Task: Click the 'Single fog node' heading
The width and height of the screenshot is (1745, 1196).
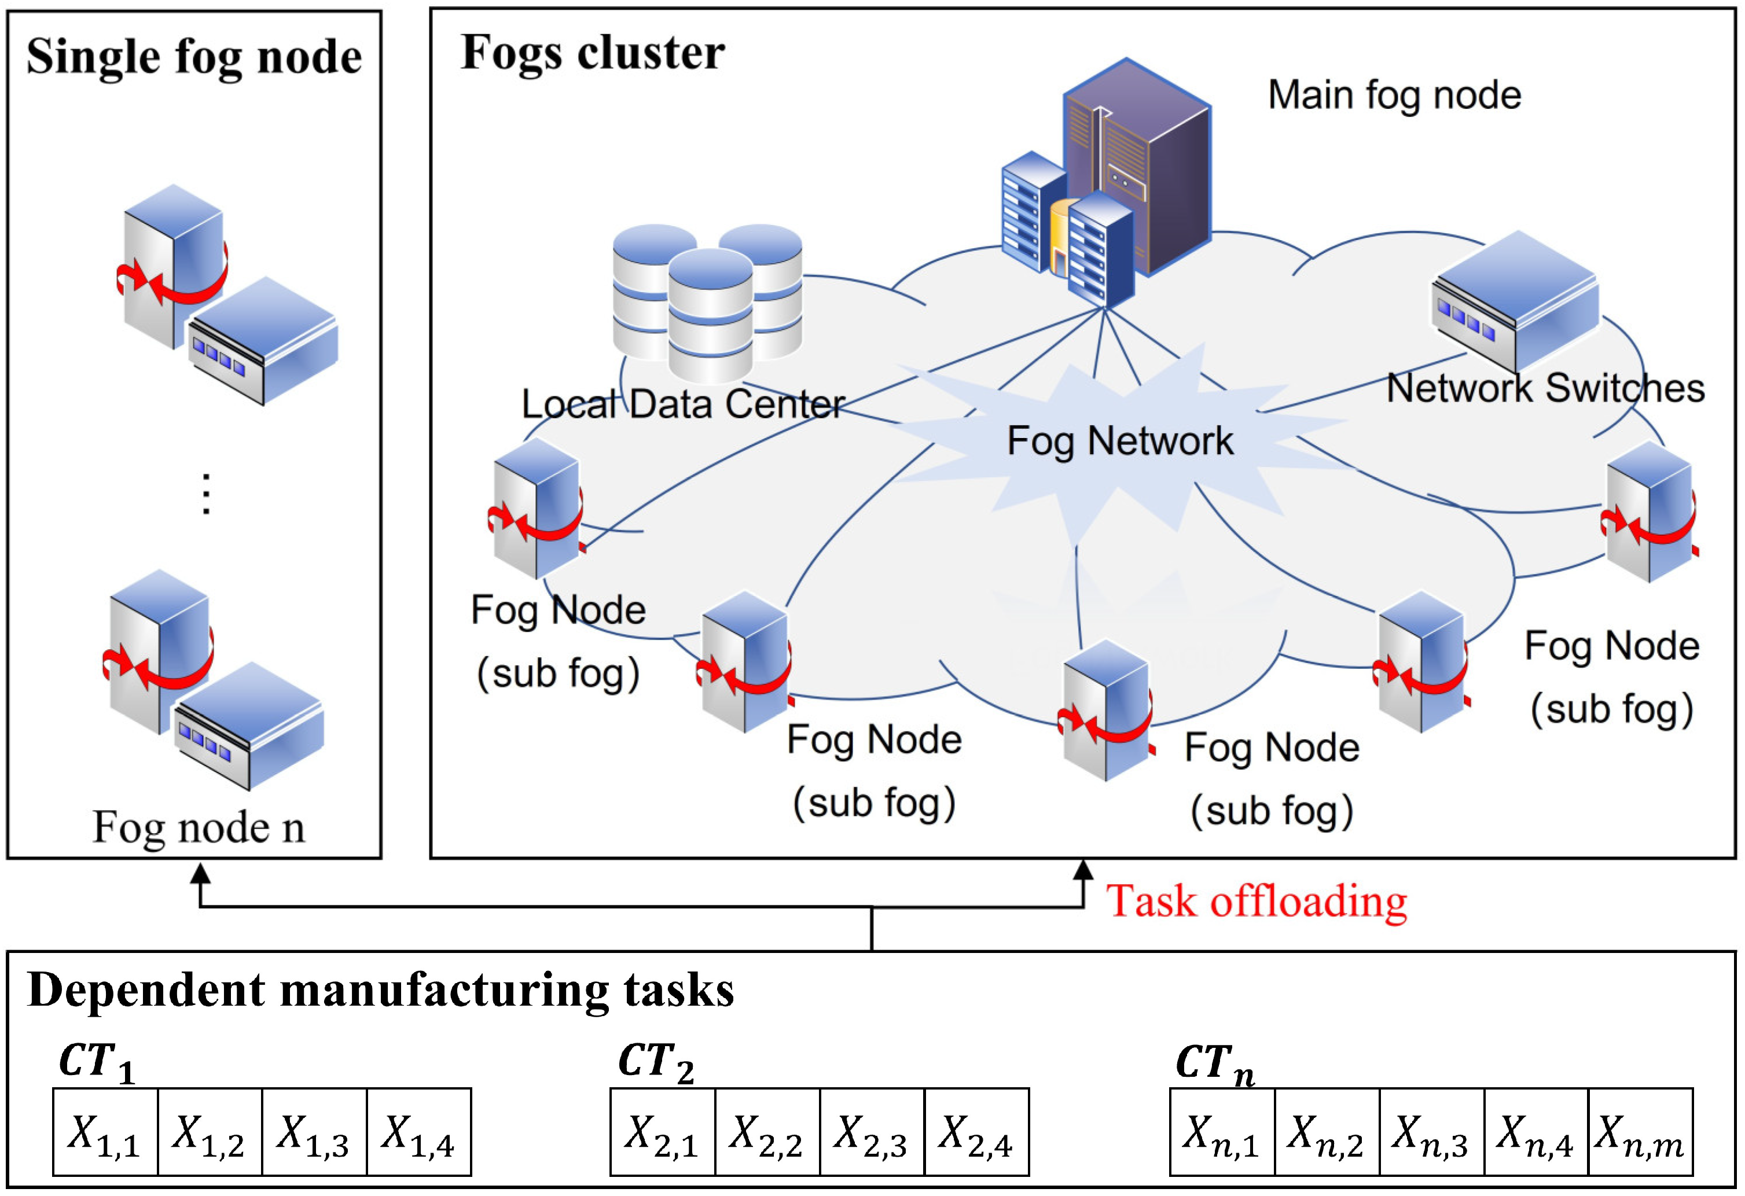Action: [194, 58]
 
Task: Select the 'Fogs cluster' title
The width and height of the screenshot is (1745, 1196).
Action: [593, 53]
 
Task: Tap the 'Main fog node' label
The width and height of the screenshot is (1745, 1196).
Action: [1394, 95]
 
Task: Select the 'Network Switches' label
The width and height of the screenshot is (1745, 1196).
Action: [1545, 388]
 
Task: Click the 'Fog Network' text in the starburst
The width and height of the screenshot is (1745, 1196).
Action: [1119, 441]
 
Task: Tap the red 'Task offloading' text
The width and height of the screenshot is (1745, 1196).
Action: [1256, 901]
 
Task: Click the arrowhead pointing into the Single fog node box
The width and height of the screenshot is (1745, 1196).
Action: [200, 874]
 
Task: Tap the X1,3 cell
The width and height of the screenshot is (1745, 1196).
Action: [314, 1131]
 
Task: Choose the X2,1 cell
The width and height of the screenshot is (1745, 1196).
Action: [662, 1131]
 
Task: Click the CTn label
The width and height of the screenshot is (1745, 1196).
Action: [1214, 1062]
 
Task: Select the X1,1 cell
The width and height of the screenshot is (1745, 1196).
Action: [105, 1131]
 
